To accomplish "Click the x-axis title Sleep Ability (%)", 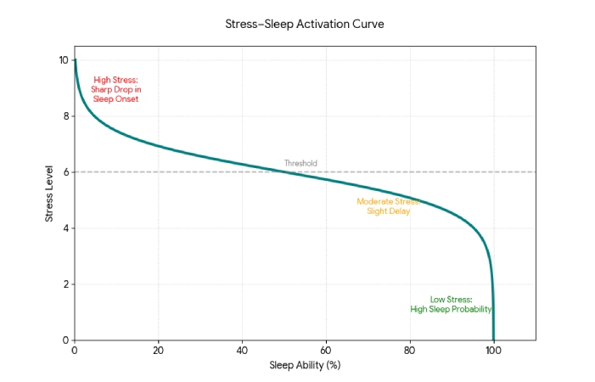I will pyautogui.click(x=305, y=366).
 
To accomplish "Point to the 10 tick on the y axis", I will pyautogui.click(x=63, y=60).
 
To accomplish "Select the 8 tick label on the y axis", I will pyautogui.click(x=65, y=116).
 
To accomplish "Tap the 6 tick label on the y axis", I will pyautogui.click(x=65, y=172).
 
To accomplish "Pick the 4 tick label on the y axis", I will pyautogui.click(x=65, y=228).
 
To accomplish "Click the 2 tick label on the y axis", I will pyautogui.click(x=65, y=284).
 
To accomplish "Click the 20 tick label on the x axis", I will pyautogui.click(x=158, y=351).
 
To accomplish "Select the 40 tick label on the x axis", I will pyautogui.click(x=242, y=351).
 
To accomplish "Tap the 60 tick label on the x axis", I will pyautogui.click(x=326, y=351).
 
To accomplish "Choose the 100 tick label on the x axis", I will pyautogui.click(x=493, y=351).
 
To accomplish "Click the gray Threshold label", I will pyautogui.click(x=300, y=163).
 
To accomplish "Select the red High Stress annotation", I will pyautogui.click(x=115, y=89).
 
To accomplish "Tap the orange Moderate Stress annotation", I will pyautogui.click(x=388, y=206).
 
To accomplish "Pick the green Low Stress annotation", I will pyautogui.click(x=451, y=304).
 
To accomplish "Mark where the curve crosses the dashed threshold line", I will pyautogui.click(x=284, y=171).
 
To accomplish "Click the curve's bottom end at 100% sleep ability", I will pyautogui.click(x=493, y=340).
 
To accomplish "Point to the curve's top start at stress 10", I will pyautogui.click(x=75, y=60).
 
